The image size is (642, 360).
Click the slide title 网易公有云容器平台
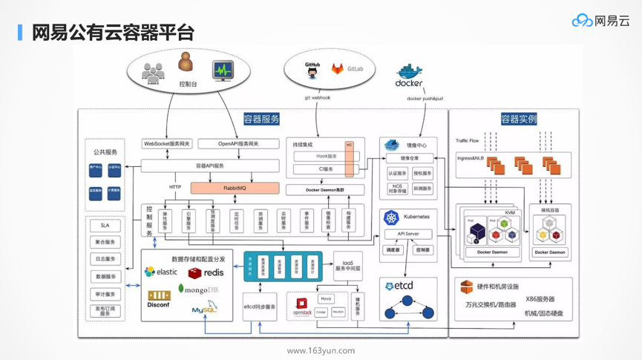tap(113, 32)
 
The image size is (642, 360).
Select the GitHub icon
tap(312, 70)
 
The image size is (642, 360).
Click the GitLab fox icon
tap(338, 69)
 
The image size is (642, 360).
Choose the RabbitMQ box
tap(235, 189)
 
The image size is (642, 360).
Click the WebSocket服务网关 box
tap(167, 144)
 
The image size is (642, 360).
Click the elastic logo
tap(161, 272)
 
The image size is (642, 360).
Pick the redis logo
tap(206, 273)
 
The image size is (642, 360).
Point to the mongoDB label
tap(198, 289)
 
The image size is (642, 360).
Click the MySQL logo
tap(204, 308)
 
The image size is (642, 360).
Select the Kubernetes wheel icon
tap(390, 217)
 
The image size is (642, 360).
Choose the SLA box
tap(105, 226)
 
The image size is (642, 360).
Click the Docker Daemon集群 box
tap(324, 191)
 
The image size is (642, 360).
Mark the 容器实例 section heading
tap(518, 119)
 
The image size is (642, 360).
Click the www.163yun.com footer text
tap(321, 350)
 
